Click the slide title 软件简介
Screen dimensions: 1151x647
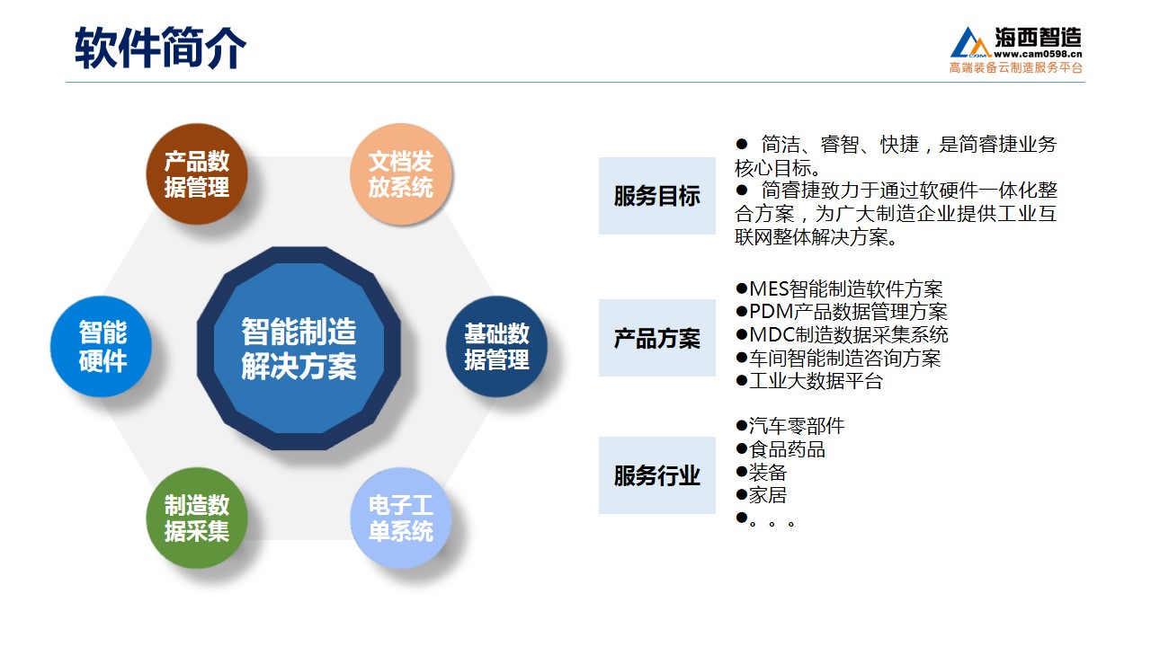160,48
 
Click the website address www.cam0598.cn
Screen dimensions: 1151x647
1038,54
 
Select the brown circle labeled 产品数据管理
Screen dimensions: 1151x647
197,173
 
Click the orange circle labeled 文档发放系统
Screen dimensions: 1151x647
401,173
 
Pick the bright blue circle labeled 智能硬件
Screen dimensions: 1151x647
102,346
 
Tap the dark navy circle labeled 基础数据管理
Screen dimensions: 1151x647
496,346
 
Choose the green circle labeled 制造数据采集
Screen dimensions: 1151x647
197,518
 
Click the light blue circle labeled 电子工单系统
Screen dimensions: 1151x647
401,518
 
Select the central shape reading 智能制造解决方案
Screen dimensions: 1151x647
299,348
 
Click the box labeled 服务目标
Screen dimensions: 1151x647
656,196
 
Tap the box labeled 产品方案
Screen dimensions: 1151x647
656,338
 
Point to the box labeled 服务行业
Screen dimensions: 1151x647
656,475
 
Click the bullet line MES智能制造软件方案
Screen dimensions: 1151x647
839,289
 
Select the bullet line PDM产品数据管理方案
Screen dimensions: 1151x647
841,312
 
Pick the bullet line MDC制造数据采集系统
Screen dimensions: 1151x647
842,335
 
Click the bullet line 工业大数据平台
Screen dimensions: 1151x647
809,381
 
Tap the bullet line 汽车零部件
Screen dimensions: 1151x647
790,426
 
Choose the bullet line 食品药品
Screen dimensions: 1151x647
781,449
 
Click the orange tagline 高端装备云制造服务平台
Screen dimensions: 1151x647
1016,67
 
